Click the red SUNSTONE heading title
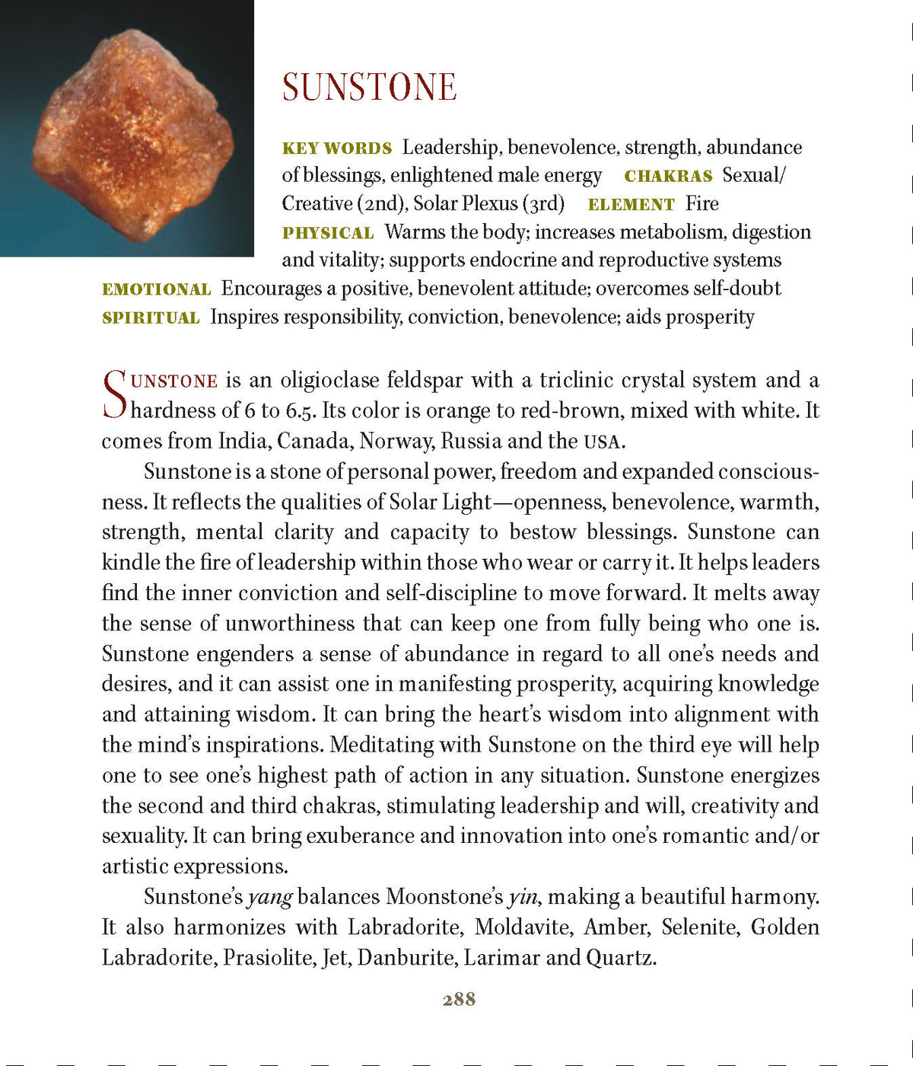(x=369, y=87)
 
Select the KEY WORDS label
(x=337, y=148)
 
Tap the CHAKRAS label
(x=668, y=176)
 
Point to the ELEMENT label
(x=631, y=204)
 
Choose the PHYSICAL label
(x=328, y=233)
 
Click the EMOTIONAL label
(x=156, y=289)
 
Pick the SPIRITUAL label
(x=151, y=318)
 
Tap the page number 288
(x=459, y=999)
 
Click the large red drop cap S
(x=114, y=394)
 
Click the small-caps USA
(x=603, y=442)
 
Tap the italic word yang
(x=270, y=897)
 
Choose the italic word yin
(x=523, y=897)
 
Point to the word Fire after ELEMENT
(x=701, y=204)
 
